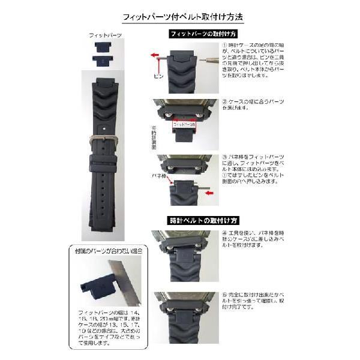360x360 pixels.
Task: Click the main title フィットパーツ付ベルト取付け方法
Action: pos(181,17)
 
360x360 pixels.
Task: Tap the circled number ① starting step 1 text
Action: pos(224,46)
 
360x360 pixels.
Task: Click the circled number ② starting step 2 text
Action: pos(224,101)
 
